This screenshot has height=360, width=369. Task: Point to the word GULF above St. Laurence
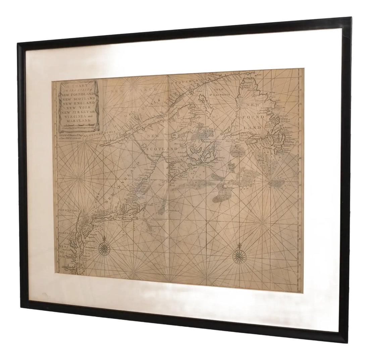(x=220, y=89)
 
